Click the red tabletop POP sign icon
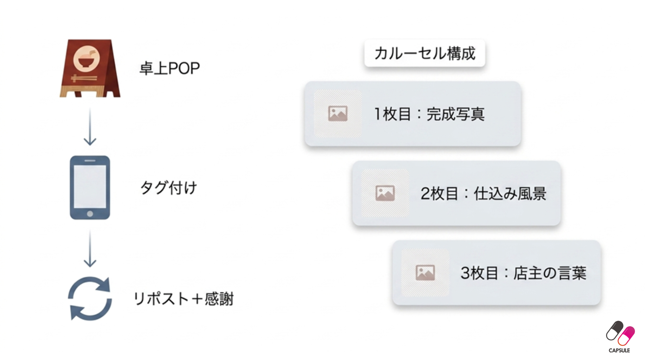pyautogui.click(x=90, y=68)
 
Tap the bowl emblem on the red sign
pyautogui.click(x=87, y=58)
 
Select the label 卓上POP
pyautogui.click(x=170, y=68)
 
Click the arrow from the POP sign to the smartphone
pyautogui.click(x=90, y=127)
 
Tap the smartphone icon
pyautogui.click(x=90, y=188)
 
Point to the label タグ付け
pyautogui.click(x=168, y=188)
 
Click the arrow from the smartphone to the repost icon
pyautogui.click(x=90, y=249)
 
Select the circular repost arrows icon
pyautogui.click(x=90, y=298)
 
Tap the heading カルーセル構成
pyautogui.click(x=425, y=53)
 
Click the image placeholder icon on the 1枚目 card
pyautogui.click(x=338, y=114)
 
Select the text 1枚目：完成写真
pyautogui.click(x=429, y=114)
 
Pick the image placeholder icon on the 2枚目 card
pyautogui.click(x=385, y=193)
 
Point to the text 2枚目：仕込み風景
pyautogui.click(x=484, y=193)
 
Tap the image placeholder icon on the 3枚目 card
pyautogui.click(x=425, y=272)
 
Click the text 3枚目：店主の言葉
pyautogui.click(x=524, y=273)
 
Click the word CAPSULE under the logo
pyautogui.click(x=619, y=351)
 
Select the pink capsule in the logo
pyautogui.click(x=626, y=336)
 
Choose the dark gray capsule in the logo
pyautogui.click(x=614, y=330)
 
